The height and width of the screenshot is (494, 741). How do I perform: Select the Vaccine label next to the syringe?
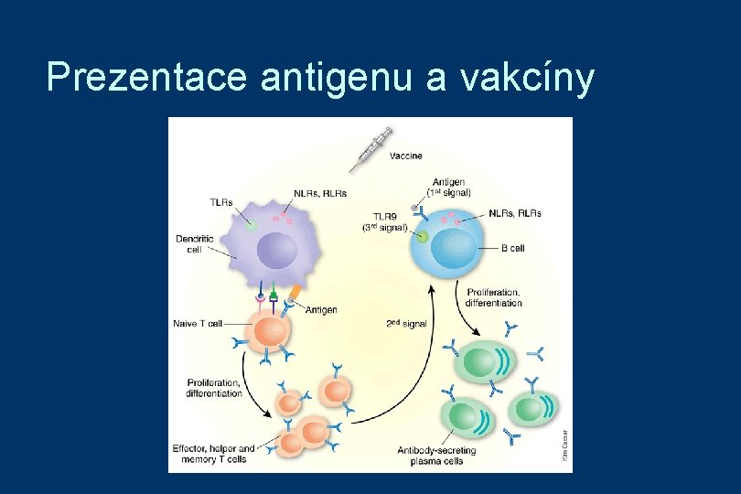pyautogui.click(x=406, y=156)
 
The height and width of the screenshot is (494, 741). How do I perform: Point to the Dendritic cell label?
pyautogui.click(x=195, y=244)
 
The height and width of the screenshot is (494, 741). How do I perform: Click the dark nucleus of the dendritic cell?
pyautogui.click(x=277, y=249)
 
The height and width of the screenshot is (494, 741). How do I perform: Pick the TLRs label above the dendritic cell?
pyautogui.click(x=221, y=202)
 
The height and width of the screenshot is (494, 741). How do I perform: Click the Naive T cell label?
pyautogui.click(x=198, y=323)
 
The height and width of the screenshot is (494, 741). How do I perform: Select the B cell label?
pyautogui.click(x=512, y=248)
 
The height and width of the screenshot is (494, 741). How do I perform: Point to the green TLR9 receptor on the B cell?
pyautogui.click(x=422, y=237)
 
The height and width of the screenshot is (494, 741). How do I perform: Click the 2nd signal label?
pyautogui.click(x=407, y=324)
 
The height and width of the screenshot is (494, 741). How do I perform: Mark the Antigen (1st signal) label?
pyautogui.click(x=449, y=188)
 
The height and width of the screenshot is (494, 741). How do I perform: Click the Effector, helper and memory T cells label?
pyautogui.click(x=214, y=454)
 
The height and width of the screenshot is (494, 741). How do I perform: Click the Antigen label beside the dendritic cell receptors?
pyautogui.click(x=321, y=310)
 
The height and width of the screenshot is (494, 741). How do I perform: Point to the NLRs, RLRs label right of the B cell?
pyautogui.click(x=515, y=213)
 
